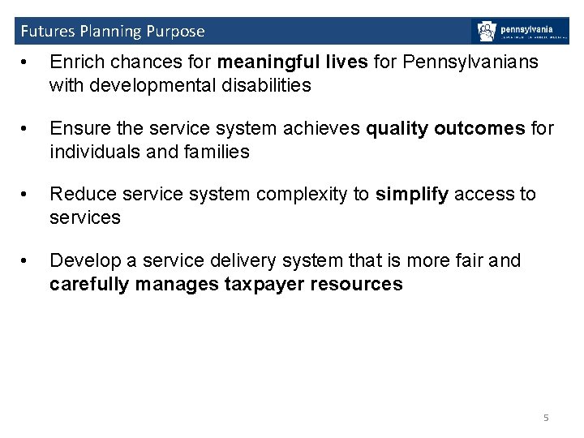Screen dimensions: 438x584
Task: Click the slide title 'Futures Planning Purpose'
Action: (112, 32)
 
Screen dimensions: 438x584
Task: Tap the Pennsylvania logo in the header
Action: (519, 31)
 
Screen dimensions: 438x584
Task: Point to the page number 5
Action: (546, 418)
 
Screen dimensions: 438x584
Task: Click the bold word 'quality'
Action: (397, 128)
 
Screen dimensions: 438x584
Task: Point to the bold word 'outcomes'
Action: (479, 128)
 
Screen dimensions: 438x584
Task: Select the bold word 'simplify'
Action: (412, 194)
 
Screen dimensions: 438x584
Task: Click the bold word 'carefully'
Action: (88, 284)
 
